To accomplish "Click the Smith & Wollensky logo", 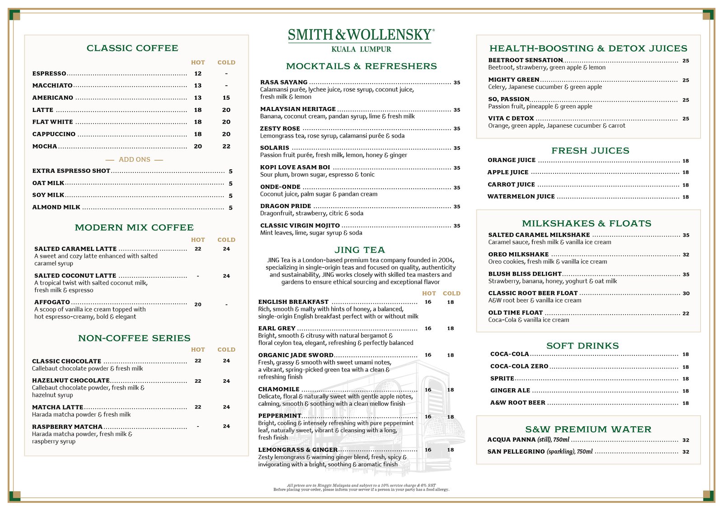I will point(361,35).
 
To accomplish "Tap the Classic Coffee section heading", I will point(132,48).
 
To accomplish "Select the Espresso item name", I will point(49,74).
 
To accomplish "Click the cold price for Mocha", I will point(226,146).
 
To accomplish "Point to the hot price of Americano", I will point(198,98).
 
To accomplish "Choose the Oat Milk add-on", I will point(48,183).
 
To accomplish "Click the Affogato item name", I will point(52,302).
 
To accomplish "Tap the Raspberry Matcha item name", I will point(67,427).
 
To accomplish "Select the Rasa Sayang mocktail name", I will point(284,82).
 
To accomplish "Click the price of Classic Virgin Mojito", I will point(457,226).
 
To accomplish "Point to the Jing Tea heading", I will point(360,250).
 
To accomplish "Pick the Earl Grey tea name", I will point(277,328).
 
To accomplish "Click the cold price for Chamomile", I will point(451,390).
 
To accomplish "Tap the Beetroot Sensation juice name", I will point(526,60).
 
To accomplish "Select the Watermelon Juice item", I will point(521,196).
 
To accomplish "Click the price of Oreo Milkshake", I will point(686,255).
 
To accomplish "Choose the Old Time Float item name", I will point(515,312).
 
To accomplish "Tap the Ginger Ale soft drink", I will point(510,390).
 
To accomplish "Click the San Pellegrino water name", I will point(516,451).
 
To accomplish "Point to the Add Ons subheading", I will point(134,159).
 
